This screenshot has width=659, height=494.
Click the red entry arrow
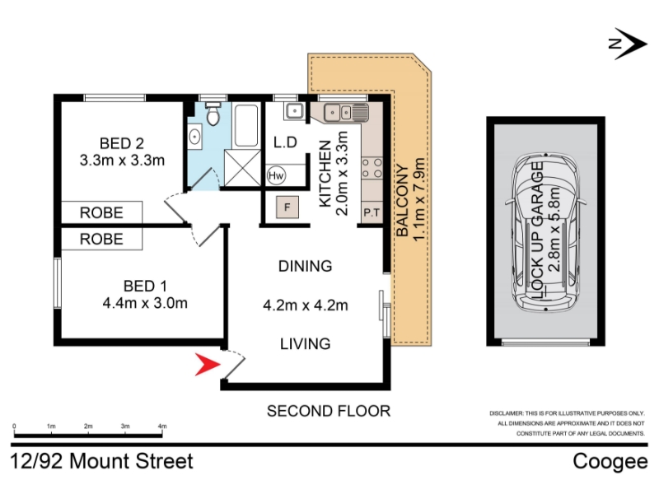pyautogui.click(x=208, y=364)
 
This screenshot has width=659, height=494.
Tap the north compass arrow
pyautogui.click(x=628, y=44)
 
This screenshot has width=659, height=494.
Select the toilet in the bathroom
pyautogui.click(x=213, y=114)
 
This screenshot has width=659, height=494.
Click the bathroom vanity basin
pyautogui.click(x=194, y=137)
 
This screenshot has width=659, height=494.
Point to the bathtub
pyautogui.click(x=246, y=125)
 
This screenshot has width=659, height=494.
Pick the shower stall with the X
pyautogui.click(x=242, y=168)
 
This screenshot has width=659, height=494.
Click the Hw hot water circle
pyautogui.click(x=276, y=175)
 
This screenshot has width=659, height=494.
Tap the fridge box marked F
pyautogui.click(x=287, y=207)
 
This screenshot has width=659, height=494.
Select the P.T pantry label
pyautogui.click(x=372, y=212)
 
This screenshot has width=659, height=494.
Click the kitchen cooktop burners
pyautogui.click(x=372, y=168)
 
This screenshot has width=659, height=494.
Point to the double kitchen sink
pyautogui.click(x=339, y=113)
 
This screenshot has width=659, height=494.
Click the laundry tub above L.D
pyautogui.click(x=295, y=112)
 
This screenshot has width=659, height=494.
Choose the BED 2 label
pyautogui.click(x=121, y=143)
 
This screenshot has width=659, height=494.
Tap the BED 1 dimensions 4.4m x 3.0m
pyautogui.click(x=145, y=303)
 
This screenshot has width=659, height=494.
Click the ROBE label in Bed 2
pyautogui.click(x=101, y=212)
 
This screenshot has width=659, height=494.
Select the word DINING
pyautogui.click(x=305, y=266)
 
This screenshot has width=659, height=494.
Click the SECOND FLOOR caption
pyautogui.click(x=329, y=411)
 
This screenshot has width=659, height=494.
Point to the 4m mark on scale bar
pyautogui.click(x=162, y=426)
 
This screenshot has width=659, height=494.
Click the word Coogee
pyautogui.click(x=610, y=461)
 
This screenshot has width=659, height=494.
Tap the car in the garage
pyautogui.click(x=546, y=233)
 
